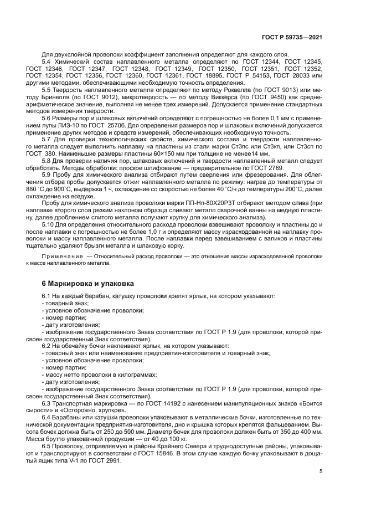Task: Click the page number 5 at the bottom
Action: tap(321, 471)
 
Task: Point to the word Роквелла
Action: tap(216, 90)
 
